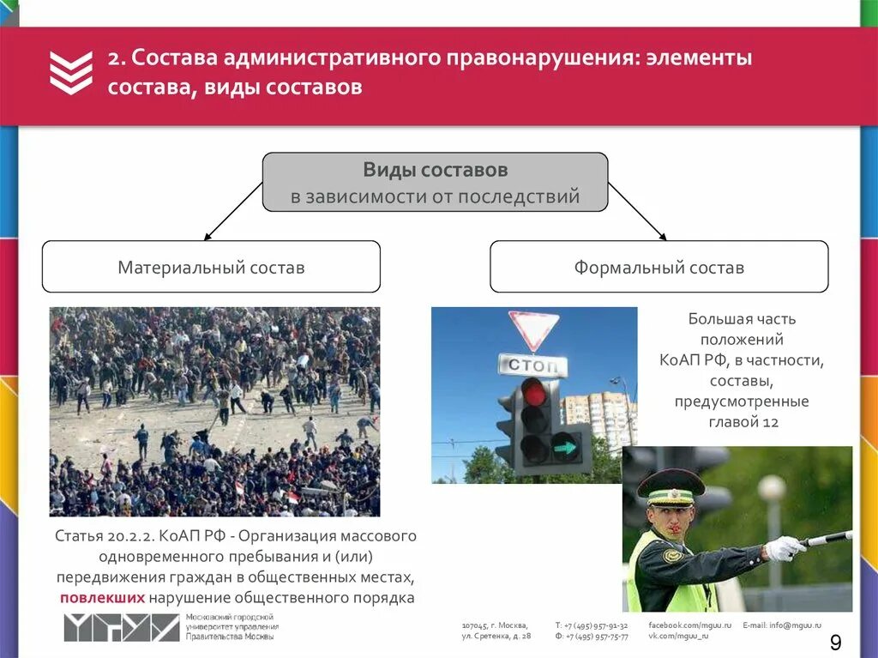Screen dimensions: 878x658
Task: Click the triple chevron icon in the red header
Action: (x=70, y=72)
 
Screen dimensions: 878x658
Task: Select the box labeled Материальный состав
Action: (x=211, y=267)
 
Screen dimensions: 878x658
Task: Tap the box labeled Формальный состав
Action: (x=658, y=267)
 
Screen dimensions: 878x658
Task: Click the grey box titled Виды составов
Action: (x=435, y=182)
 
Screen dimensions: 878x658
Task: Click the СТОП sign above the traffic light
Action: (x=532, y=365)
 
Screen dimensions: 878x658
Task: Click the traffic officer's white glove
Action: (x=783, y=548)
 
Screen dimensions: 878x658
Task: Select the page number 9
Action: (x=835, y=643)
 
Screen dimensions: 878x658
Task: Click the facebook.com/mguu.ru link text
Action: (x=689, y=625)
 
